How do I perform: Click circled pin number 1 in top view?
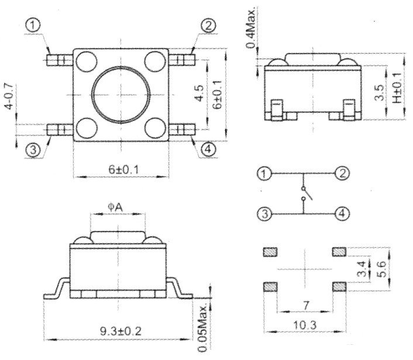(33, 26)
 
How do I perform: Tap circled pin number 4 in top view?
(208, 149)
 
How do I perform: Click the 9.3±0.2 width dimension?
(121, 331)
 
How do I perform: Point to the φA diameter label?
(115, 207)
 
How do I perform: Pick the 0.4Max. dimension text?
(250, 29)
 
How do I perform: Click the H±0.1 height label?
(397, 88)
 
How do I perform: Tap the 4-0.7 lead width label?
(9, 96)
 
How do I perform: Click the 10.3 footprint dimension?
(305, 326)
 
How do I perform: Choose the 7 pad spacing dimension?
(305, 306)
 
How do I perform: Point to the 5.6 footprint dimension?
(383, 269)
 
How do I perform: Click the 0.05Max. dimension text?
(203, 328)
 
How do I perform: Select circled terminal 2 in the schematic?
(342, 174)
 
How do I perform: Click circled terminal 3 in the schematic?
(264, 213)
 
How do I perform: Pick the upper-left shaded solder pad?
(270, 252)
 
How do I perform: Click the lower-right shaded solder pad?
(339, 287)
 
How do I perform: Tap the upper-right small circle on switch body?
(156, 61)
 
